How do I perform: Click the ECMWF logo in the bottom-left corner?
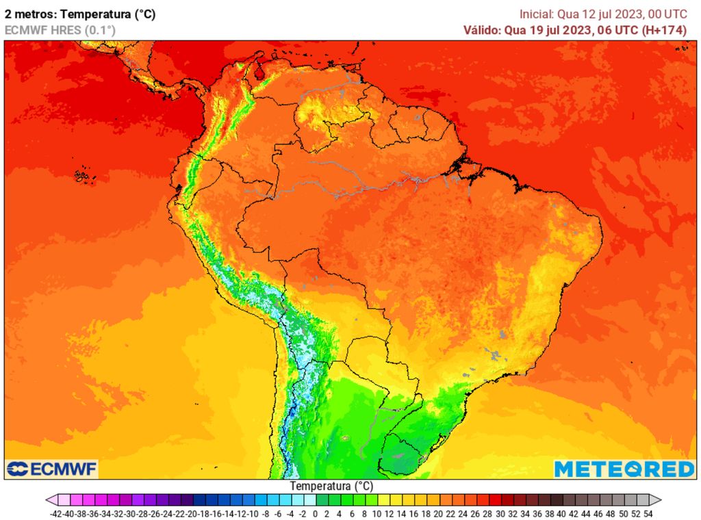(x=52, y=469)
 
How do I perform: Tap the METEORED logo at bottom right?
(x=624, y=469)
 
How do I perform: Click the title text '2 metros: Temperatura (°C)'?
(x=80, y=14)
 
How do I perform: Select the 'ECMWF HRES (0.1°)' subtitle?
(x=60, y=30)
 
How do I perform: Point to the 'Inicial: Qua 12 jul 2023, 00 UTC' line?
(x=603, y=14)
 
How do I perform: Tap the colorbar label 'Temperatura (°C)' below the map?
(x=331, y=486)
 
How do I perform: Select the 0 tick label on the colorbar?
(x=315, y=513)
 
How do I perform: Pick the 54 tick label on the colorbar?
(x=648, y=513)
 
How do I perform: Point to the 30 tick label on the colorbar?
(x=500, y=513)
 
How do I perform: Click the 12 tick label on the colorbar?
(x=389, y=513)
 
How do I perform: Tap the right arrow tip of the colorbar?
(x=659, y=500)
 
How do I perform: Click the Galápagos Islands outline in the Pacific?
(x=83, y=176)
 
